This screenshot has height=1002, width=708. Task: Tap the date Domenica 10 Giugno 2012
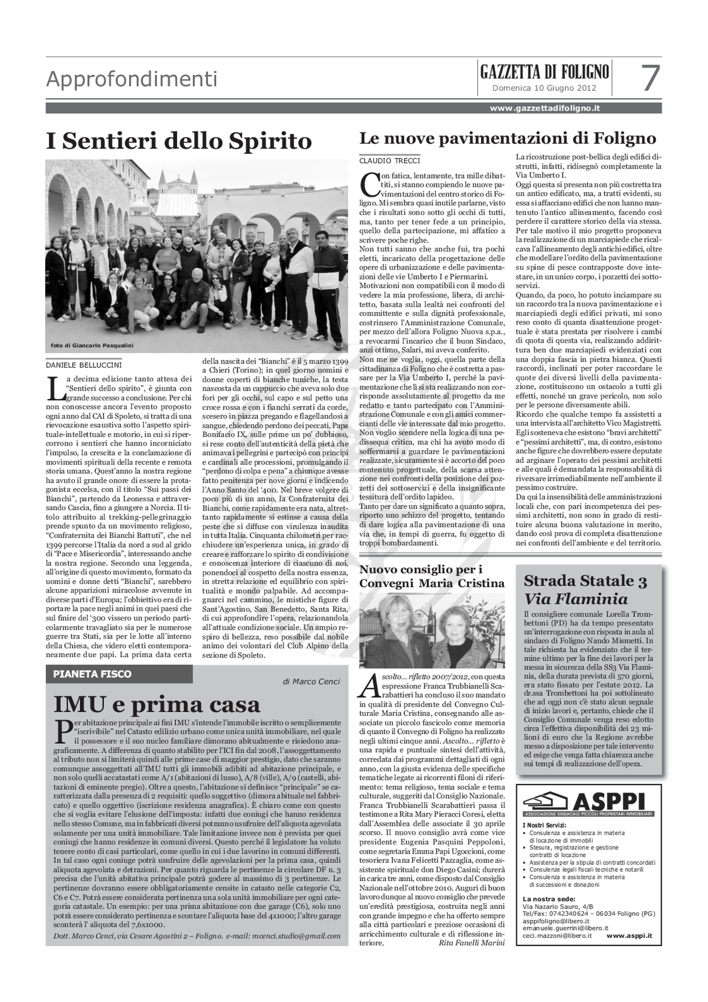coord(544,88)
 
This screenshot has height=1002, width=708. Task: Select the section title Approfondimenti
coord(131,79)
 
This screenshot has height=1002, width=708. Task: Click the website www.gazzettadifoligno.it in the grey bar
coord(544,108)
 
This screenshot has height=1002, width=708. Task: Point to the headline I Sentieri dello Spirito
coord(179,141)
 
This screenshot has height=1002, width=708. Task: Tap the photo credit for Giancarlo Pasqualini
coord(92,345)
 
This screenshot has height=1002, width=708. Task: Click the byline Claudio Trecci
coord(390,161)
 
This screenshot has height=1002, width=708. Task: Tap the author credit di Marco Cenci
coord(311,682)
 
